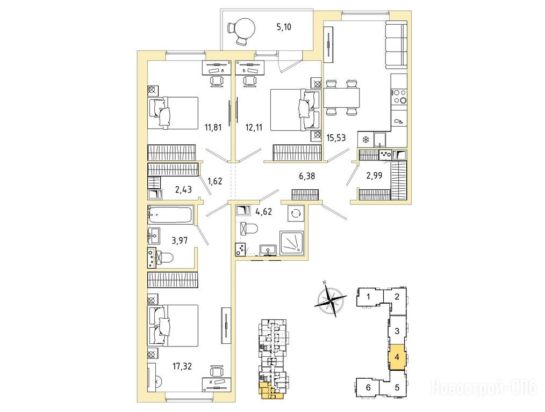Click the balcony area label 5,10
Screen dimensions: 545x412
(284, 27)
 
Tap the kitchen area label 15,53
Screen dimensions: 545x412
(336, 138)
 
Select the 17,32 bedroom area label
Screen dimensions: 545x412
(182, 366)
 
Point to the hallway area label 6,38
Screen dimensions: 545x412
(307, 176)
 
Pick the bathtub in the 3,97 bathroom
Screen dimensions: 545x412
(170, 215)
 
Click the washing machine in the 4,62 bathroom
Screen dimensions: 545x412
(296, 214)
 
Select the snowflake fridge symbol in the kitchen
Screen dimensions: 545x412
(365, 140)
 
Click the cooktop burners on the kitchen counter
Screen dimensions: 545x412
(399, 96)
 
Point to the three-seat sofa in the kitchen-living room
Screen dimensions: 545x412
(396, 45)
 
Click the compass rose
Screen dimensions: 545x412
(331, 299)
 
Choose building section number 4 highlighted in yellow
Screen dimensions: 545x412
(397, 357)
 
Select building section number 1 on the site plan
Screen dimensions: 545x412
(368, 297)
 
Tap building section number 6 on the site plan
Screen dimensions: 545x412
(368, 387)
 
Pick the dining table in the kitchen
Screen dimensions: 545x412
(341, 98)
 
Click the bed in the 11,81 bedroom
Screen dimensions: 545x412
(173, 113)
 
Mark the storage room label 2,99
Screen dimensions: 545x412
(374, 175)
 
